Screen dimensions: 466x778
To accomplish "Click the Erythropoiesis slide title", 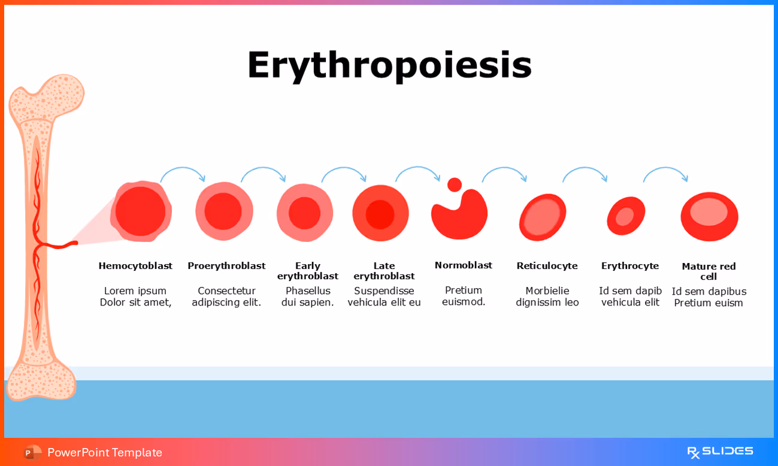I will (389, 65).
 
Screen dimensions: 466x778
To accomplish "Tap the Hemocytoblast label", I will (135, 265).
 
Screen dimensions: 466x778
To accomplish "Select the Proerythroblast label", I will (226, 265).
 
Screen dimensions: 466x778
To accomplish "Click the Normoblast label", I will (463, 265).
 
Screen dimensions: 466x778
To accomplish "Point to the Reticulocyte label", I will (547, 265).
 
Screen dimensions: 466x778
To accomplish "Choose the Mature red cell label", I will (709, 271).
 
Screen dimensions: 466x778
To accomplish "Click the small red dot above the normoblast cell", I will (455, 184).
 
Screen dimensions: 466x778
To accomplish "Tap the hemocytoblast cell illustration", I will (141, 211).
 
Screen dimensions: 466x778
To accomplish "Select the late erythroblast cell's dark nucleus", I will (380, 214).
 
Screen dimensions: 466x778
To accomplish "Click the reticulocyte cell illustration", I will (543, 217).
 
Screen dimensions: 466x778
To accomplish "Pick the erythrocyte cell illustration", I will (626, 216).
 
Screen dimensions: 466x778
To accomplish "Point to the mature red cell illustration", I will (709, 216).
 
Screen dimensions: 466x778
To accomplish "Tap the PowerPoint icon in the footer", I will (32, 452).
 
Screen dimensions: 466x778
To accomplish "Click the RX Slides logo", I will (719, 452).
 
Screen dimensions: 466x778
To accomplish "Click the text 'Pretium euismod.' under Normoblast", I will (463, 296).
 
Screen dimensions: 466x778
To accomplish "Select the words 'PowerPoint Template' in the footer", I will (105, 452).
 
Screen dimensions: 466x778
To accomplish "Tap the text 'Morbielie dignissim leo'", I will (547, 296).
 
